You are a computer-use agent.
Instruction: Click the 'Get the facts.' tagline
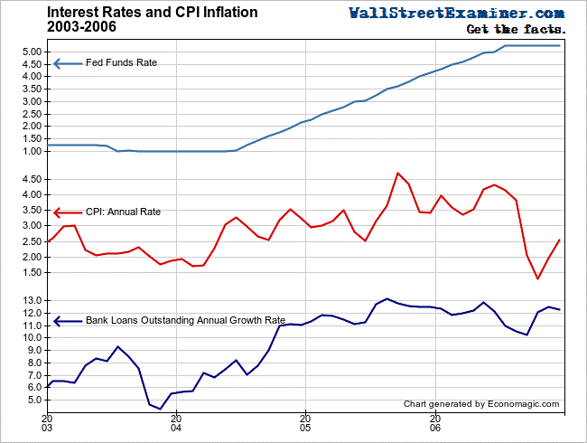coord(515,30)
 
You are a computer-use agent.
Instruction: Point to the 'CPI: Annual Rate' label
coord(124,211)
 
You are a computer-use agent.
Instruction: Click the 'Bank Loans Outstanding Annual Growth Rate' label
coord(185,320)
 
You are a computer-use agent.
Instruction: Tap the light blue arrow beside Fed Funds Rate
coord(67,63)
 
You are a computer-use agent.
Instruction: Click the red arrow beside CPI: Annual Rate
coord(67,211)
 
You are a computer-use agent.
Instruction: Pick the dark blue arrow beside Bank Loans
coord(67,320)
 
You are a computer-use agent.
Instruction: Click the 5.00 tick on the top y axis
coord(30,52)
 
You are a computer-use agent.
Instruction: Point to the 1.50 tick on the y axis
coord(30,138)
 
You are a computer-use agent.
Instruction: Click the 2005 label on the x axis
coord(306,424)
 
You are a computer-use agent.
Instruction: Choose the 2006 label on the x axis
coord(435,424)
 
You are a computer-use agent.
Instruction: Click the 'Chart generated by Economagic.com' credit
coord(481,404)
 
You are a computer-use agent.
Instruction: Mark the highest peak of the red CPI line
coord(398,173)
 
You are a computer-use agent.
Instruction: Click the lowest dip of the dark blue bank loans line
coord(160,409)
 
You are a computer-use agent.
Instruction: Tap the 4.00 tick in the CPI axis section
coord(30,194)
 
